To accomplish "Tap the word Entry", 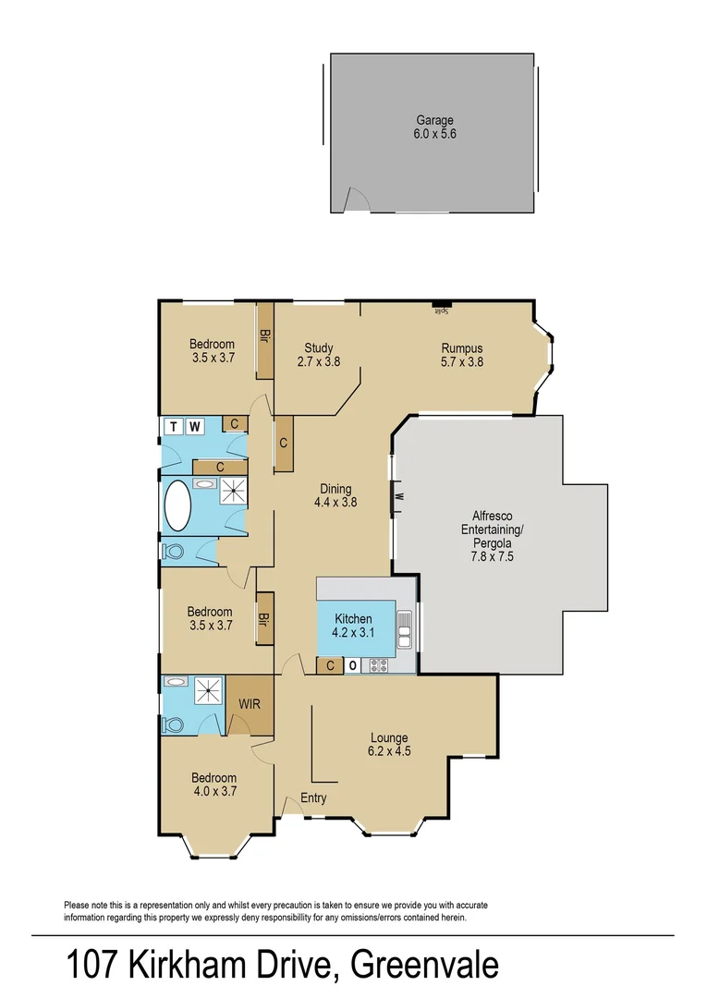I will [313, 798].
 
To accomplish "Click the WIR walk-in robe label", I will [250, 704].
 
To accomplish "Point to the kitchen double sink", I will [404, 627].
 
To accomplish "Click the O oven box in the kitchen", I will [353, 665].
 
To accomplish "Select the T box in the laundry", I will [174, 426].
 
